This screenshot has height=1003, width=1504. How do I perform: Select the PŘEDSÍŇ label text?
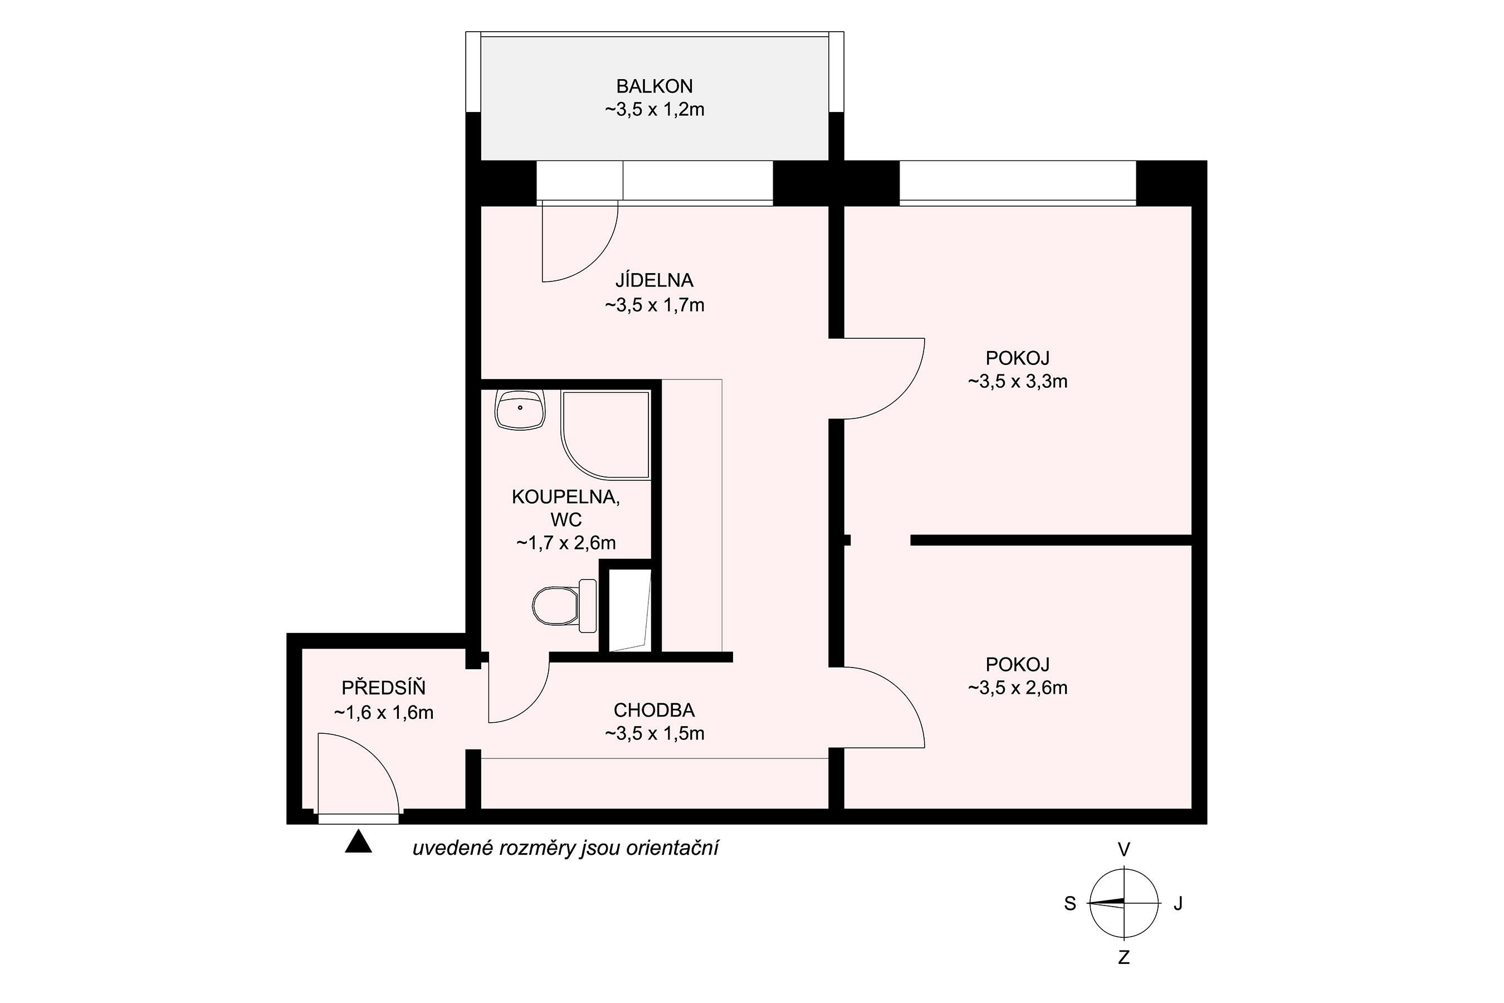[384, 688]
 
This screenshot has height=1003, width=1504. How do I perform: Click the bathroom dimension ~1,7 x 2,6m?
[566, 543]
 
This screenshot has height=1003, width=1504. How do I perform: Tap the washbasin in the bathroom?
[520, 410]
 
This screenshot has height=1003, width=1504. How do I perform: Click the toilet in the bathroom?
[564, 606]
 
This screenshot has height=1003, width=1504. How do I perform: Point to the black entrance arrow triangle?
[358, 841]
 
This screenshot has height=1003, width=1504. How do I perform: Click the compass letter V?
[1124, 849]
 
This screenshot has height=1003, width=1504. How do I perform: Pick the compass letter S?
[1070, 903]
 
